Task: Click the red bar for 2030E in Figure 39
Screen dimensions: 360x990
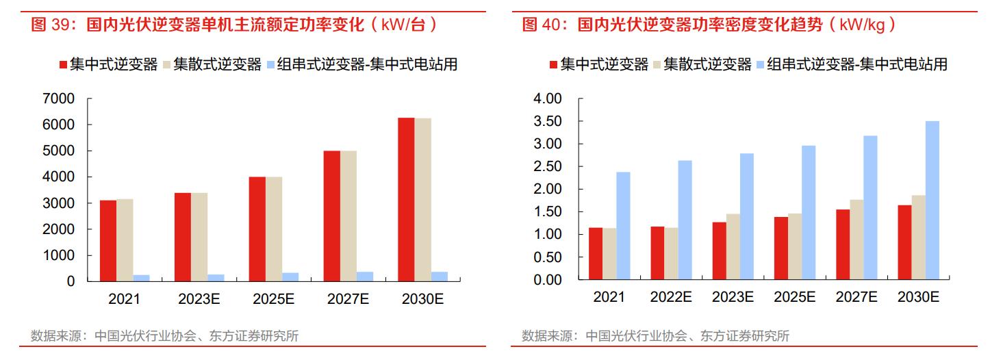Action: [x=406, y=199]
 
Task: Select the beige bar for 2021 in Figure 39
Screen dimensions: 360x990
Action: [x=125, y=240]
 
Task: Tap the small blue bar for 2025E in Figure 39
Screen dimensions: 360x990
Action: [x=290, y=277]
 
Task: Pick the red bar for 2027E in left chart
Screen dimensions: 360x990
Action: [x=331, y=216]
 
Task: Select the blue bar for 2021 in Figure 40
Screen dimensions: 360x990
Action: [x=622, y=226]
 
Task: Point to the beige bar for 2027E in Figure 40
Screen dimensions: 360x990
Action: [x=856, y=240]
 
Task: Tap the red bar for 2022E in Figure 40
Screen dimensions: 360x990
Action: [x=657, y=253]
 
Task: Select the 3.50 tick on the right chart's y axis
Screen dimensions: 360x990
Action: [x=548, y=122]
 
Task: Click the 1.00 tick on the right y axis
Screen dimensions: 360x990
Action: [x=548, y=235]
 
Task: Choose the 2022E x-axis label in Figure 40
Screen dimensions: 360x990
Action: [x=671, y=298]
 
